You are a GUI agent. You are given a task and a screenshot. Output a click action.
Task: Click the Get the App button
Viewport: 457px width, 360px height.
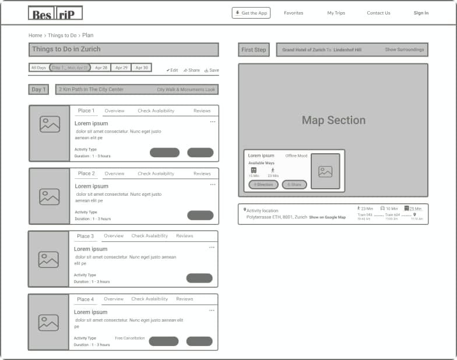click(x=251, y=13)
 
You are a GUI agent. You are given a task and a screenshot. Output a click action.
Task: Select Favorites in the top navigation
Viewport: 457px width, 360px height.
click(x=293, y=13)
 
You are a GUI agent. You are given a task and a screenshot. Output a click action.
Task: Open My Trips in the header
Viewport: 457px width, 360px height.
click(x=336, y=13)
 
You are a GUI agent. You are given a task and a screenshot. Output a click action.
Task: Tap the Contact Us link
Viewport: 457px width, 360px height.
click(x=378, y=13)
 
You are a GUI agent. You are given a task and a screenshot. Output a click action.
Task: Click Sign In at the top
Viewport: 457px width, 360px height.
click(x=421, y=13)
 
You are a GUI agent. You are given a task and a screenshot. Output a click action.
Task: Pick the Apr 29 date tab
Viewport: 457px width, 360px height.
click(x=122, y=68)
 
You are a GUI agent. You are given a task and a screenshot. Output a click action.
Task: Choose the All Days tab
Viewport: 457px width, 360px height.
click(x=38, y=68)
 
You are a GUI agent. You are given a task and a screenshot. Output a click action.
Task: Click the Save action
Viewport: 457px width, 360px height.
click(x=212, y=70)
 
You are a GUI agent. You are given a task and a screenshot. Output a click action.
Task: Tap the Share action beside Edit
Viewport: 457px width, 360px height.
click(x=191, y=70)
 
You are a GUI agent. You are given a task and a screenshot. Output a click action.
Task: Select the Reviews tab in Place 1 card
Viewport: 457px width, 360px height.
click(x=202, y=111)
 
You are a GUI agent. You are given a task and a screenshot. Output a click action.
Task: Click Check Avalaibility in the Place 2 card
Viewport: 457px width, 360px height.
click(x=156, y=174)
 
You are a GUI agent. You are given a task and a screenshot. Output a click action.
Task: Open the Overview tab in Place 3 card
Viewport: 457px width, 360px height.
click(x=114, y=236)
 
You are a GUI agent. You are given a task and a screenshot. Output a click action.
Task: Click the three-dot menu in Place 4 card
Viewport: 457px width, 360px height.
click(x=212, y=310)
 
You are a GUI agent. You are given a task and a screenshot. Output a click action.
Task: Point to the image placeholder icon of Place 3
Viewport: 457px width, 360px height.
click(x=48, y=259)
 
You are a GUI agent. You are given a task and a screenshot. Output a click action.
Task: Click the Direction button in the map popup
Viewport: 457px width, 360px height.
click(x=263, y=185)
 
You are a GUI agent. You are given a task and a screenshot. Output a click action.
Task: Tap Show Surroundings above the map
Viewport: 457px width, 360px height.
click(x=404, y=50)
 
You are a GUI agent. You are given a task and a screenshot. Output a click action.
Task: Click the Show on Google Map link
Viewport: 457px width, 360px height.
click(x=327, y=217)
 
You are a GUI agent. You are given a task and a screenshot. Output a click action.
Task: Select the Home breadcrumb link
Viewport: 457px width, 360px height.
click(x=35, y=36)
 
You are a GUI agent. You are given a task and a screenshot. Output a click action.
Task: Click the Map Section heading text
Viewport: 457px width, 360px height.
click(x=333, y=121)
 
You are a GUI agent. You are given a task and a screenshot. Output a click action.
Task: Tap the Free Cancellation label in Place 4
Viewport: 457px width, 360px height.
click(x=129, y=338)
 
